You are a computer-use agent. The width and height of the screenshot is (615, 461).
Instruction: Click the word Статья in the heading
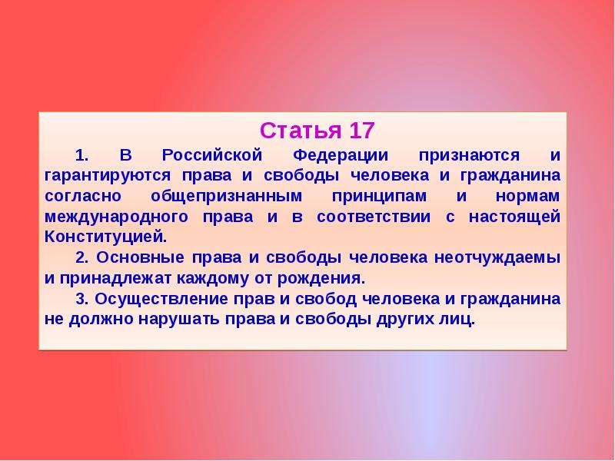pyautogui.click(x=301, y=131)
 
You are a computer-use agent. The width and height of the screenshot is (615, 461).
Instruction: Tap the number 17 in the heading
pyautogui.click(x=361, y=131)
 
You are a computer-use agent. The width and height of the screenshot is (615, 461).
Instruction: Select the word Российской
pyautogui.click(x=212, y=155)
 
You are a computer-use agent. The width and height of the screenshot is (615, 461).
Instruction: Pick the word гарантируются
pyautogui.click(x=108, y=176)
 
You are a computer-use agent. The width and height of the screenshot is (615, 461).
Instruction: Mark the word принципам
pyautogui.click(x=379, y=197)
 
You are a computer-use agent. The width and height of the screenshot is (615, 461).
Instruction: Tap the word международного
pyautogui.click(x=117, y=217)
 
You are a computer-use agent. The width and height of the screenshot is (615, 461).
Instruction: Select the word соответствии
pyautogui.click(x=374, y=217)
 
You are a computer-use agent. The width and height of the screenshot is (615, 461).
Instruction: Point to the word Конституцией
pyautogui.click(x=106, y=237)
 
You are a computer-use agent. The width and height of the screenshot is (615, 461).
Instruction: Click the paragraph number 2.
pyautogui.click(x=82, y=257)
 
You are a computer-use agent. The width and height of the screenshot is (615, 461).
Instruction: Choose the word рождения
pyautogui.click(x=321, y=279)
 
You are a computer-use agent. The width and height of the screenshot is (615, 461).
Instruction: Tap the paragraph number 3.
pyautogui.click(x=81, y=299)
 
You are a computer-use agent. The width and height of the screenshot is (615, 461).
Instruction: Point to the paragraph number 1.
pyautogui.click(x=81, y=156)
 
